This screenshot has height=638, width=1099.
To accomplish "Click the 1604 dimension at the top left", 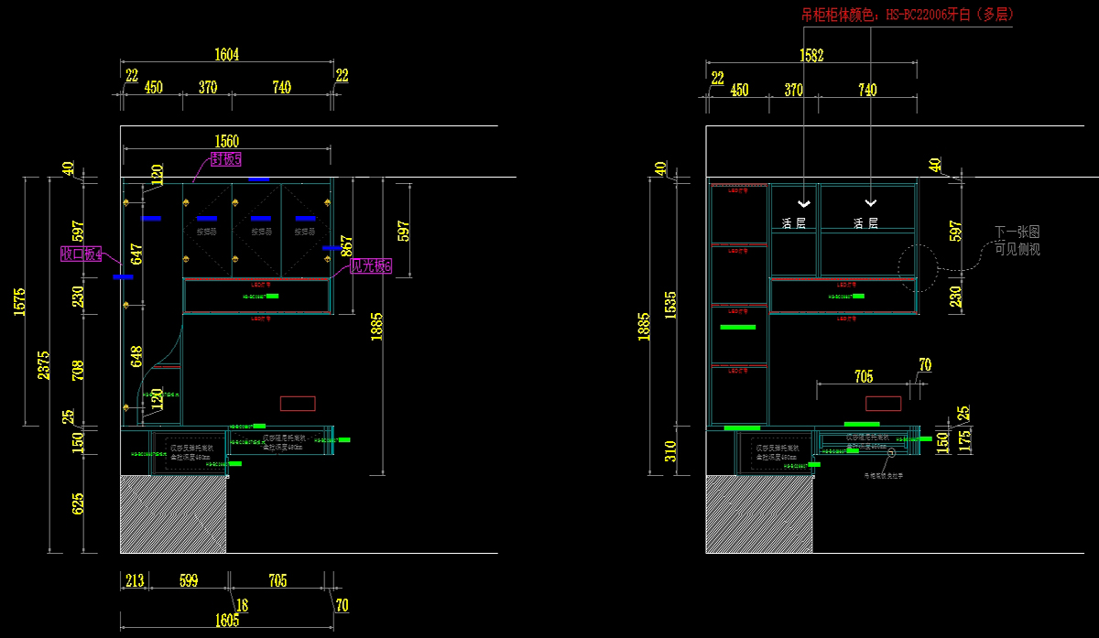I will point(226,55).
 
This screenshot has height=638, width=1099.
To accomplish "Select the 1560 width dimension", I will point(226,141).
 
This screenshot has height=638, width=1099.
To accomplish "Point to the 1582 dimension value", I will point(811,56).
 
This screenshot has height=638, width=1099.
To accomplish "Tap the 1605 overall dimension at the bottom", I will point(227,620).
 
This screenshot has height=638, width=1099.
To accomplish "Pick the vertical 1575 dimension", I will point(20,302).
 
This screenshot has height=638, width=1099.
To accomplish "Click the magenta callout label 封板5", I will point(225,160).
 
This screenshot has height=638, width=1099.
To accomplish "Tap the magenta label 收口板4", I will point(81,254).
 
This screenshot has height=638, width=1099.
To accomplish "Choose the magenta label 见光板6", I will point(371,266).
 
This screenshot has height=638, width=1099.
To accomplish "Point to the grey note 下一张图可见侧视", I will point(1017,241).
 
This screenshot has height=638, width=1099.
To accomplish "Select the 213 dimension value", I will point(135,580).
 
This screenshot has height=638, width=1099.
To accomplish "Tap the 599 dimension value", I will point(189,580).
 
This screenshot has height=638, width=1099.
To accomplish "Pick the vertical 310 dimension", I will point(669,450).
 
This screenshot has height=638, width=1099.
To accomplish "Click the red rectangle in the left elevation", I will point(297,404).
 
